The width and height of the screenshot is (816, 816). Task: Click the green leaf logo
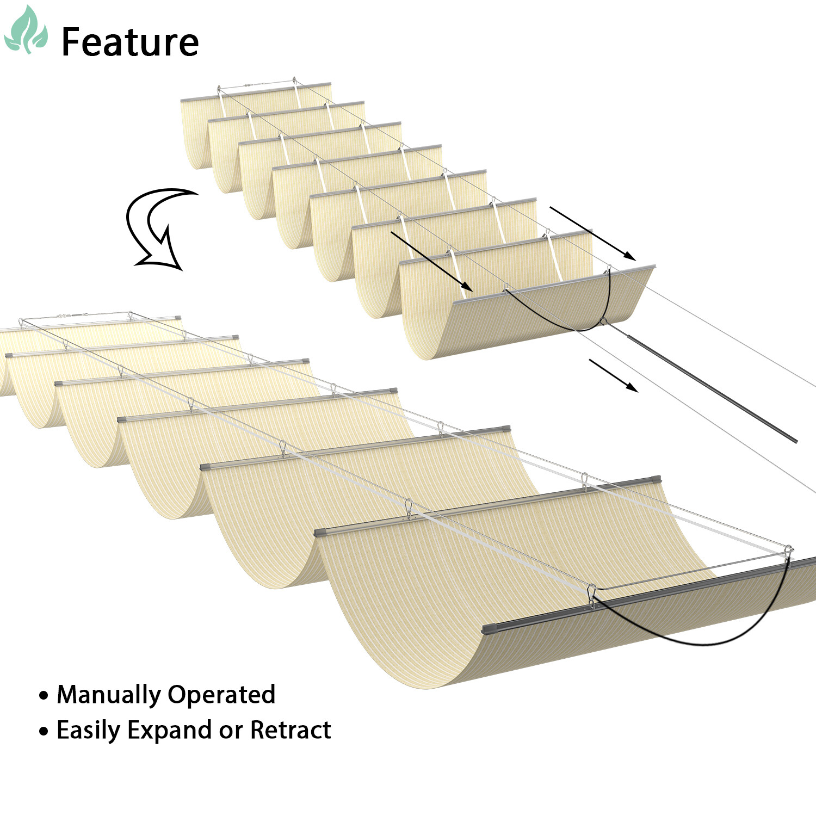(x=26, y=31)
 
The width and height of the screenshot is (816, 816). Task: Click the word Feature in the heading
(x=130, y=42)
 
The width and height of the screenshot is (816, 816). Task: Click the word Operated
(x=221, y=695)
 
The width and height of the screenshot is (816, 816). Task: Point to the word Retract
(x=290, y=730)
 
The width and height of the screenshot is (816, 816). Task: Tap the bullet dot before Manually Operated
(x=44, y=696)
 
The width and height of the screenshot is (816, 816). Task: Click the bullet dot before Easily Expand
(x=44, y=731)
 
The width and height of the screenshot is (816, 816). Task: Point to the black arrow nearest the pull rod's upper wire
(x=593, y=233)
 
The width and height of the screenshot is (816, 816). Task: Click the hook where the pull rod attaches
(x=603, y=322)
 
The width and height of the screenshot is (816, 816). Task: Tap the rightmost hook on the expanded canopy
(x=789, y=551)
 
